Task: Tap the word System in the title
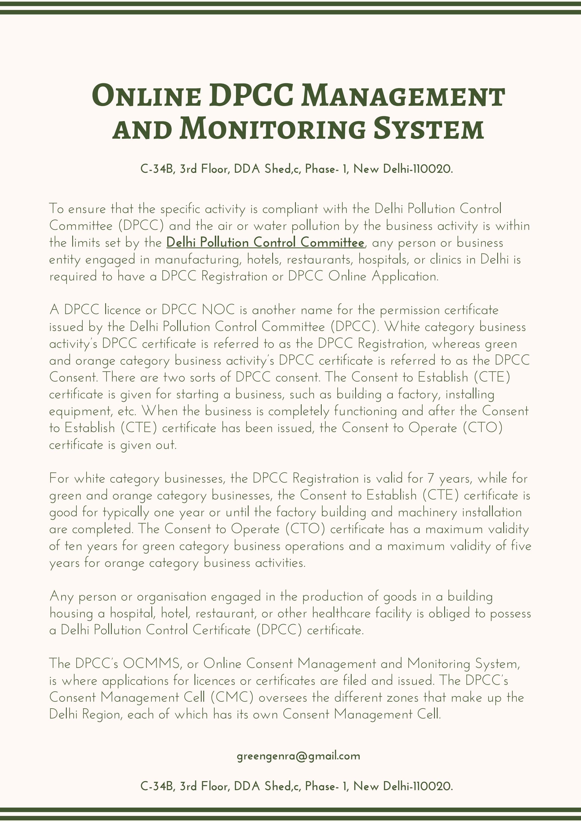tap(429, 129)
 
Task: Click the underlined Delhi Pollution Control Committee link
tap(265, 243)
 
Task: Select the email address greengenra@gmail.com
tap(298, 756)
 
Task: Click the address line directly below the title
tap(297, 169)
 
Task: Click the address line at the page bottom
tap(297, 786)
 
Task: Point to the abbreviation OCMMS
tap(152, 664)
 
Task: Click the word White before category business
tap(402, 327)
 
